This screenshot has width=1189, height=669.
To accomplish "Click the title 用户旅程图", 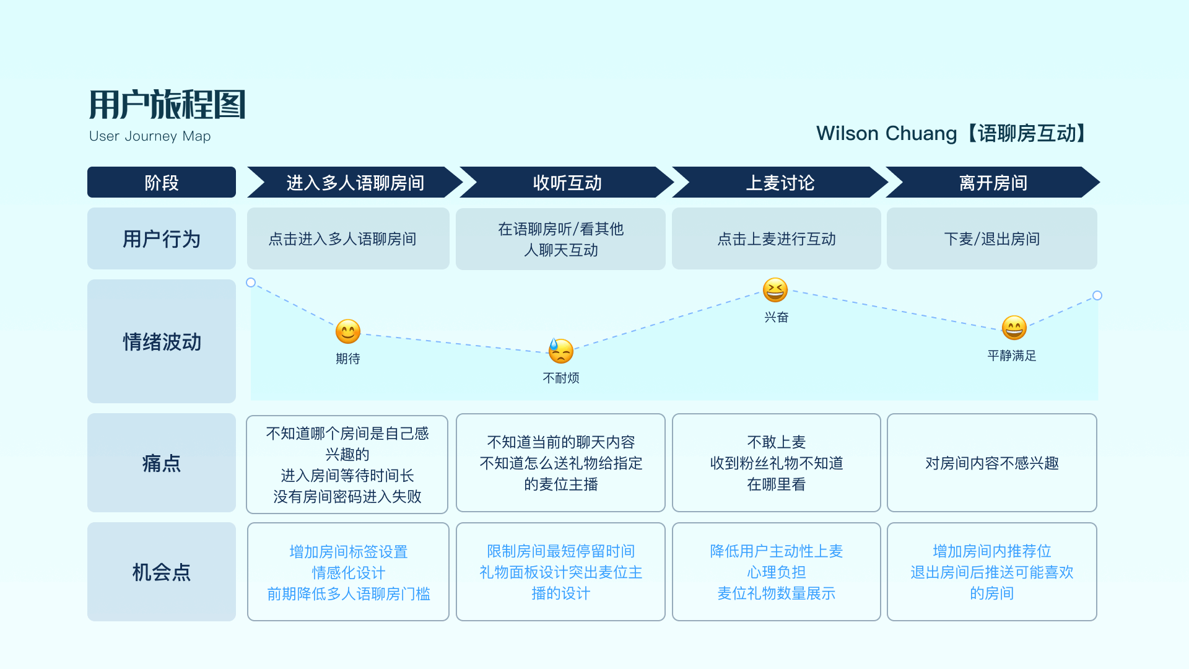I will [x=167, y=104].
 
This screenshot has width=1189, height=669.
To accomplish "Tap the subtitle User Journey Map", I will [x=150, y=136].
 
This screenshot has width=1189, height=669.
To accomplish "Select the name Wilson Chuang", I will [x=886, y=133].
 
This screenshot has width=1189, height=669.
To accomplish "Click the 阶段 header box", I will [x=161, y=183].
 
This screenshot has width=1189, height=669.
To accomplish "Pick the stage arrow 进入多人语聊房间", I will [x=355, y=183].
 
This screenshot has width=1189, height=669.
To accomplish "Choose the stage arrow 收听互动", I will [x=567, y=183].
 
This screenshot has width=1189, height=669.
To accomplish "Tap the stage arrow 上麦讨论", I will [x=780, y=183].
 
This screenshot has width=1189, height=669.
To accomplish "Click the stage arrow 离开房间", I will [x=993, y=183].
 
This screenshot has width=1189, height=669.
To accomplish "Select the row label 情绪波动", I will [x=162, y=342].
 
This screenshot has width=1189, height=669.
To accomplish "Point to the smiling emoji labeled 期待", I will [x=348, y=331].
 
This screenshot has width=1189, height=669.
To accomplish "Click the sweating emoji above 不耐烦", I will [x=561, y=351].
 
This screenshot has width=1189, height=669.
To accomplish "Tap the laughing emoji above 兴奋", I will [x=775, y=290].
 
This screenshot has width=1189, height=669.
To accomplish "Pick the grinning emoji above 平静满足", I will [x=1014, y=328].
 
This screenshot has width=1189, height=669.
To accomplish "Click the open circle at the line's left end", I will [x=251, y=282].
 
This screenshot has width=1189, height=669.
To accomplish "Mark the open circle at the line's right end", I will [x=1097, y=295].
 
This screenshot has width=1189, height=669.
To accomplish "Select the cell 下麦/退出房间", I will [x=991, y=239].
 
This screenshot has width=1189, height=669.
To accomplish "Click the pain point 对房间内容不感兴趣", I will [x=991, y=463].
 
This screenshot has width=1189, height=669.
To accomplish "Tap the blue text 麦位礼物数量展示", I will [x=776, y=593].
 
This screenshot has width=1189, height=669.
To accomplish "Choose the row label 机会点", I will [x=162, y=572].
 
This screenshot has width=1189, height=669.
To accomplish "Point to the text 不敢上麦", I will [x=776, y=442].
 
